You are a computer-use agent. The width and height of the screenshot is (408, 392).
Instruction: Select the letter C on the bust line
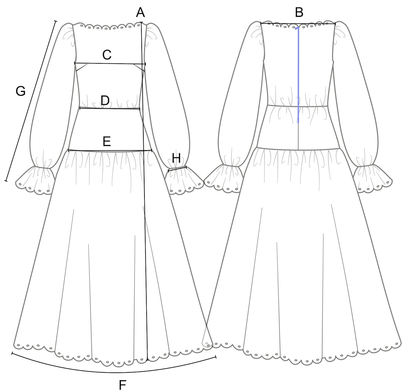107,55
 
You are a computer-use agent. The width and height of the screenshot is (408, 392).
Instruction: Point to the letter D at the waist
105,101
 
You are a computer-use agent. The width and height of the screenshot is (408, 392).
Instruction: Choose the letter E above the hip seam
107,141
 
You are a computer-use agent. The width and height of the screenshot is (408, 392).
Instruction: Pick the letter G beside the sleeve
21,91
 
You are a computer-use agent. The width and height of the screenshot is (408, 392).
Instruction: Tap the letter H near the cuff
176,158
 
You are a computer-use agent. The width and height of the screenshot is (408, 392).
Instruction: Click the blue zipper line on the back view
299,76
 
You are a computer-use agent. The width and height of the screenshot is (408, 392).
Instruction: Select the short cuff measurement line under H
177,169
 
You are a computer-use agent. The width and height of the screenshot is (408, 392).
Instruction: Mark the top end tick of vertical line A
141,22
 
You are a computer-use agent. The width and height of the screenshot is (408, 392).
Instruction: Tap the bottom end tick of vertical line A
147,360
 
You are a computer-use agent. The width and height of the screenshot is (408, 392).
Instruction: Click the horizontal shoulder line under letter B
298,24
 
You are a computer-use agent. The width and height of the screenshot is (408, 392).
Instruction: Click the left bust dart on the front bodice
81,68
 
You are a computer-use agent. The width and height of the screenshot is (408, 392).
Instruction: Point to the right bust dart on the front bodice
139,67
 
